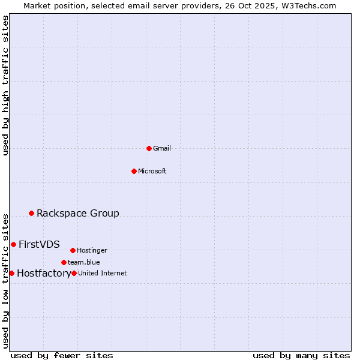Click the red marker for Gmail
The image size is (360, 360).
pyautogui.click(x=149, y=148)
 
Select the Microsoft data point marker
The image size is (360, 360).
pyautogui.click(x=134, y=171)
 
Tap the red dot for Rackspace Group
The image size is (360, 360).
pyautogui.click(x=31, y=213)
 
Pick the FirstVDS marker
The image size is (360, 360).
pyautogui.click(x=13, y=244)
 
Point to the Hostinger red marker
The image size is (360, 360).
pyautogui.click(x=73, y=250)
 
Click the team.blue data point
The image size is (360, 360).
pyautogui.click(x=64, y=262)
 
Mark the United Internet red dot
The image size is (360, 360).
pyautogui.click(x=74, y=273)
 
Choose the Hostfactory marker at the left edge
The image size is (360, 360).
pyautogui.click(x=11, y=273)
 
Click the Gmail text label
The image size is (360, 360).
pyautogui.click(x=162, y=148)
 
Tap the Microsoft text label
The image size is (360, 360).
pyautogui.click(x=152, y=171)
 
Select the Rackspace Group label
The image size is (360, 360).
pyautogui.click(x=78, y=213)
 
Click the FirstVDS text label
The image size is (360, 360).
pyautogui.click(x=39, y=244)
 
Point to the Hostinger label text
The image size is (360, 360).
pyautogui.click(x=92, y=250)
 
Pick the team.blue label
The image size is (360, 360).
pyautogui.click(x=84, y=262)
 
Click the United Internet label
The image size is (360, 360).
pyautogui.click(x=103, y=273)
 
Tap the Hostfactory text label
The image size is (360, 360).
pyautogui.click(x=44, y=274)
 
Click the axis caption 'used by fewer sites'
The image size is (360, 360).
pyautogui.click(x=62, y=355)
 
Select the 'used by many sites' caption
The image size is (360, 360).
pyautogui.click(x=301, y=355)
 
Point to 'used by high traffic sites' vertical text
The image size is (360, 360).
pyautogui.click(x=6, y=85)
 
